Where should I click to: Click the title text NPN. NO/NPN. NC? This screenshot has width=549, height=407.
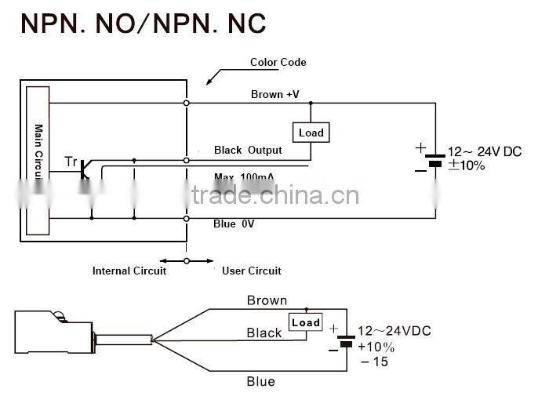click(144, 23)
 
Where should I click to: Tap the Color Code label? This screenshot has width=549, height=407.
click(278, 62)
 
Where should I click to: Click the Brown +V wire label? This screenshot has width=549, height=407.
click(274, 94)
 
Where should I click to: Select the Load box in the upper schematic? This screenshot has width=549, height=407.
click(311, 133)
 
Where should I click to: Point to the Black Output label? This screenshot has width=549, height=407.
click(248, 150)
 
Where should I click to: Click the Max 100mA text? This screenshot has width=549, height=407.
click(249, 176)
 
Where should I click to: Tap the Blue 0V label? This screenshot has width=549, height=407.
click(234, 223)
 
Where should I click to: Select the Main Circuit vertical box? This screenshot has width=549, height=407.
click(38, 160)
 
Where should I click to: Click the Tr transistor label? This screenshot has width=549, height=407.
click(71, 162)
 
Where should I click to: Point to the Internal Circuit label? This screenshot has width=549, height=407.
click(129, 271)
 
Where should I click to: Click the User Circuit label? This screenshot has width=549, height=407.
click(251, 271)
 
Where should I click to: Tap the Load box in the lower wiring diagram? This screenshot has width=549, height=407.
click(305, 322)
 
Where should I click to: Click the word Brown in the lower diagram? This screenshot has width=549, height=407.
click(267, 300)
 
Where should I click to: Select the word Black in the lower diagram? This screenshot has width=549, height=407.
click(264, 333)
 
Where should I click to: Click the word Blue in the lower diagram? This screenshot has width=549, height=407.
click(260, 381)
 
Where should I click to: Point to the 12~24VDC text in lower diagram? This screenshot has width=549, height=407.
click(394, 331)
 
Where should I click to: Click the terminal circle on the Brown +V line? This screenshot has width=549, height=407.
click(186, 103)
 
